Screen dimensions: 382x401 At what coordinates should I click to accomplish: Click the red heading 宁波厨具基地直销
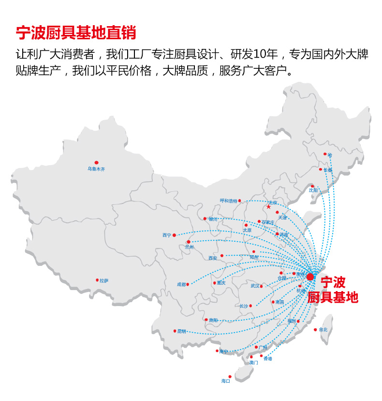[76, 32]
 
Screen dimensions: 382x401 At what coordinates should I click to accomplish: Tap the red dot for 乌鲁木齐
[96, 163]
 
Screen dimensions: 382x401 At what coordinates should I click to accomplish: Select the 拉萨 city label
[104, 280]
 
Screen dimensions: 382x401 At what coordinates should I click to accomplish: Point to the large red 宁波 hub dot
[310, 277]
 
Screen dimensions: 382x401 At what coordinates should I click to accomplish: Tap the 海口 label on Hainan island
[226, 381]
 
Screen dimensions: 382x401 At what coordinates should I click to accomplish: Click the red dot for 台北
[315, 330]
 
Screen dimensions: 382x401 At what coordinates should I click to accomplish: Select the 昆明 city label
[181, 331]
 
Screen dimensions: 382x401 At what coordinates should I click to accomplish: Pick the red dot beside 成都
[188, 284]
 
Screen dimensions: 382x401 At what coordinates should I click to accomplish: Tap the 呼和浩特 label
[229, 200]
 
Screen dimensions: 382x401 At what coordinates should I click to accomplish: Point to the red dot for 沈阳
[312, 186]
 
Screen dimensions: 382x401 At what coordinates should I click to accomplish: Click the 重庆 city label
[221, 283]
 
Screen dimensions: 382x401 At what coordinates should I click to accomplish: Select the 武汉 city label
[255, 286]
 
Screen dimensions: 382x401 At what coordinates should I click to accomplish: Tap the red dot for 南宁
[217, 351]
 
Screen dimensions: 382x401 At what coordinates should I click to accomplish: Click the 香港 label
[268, 359]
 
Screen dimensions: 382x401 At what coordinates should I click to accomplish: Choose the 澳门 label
[254, 362]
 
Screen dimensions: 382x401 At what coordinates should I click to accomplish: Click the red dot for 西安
[222, 256]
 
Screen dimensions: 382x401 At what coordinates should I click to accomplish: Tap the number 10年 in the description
[271, 54]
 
